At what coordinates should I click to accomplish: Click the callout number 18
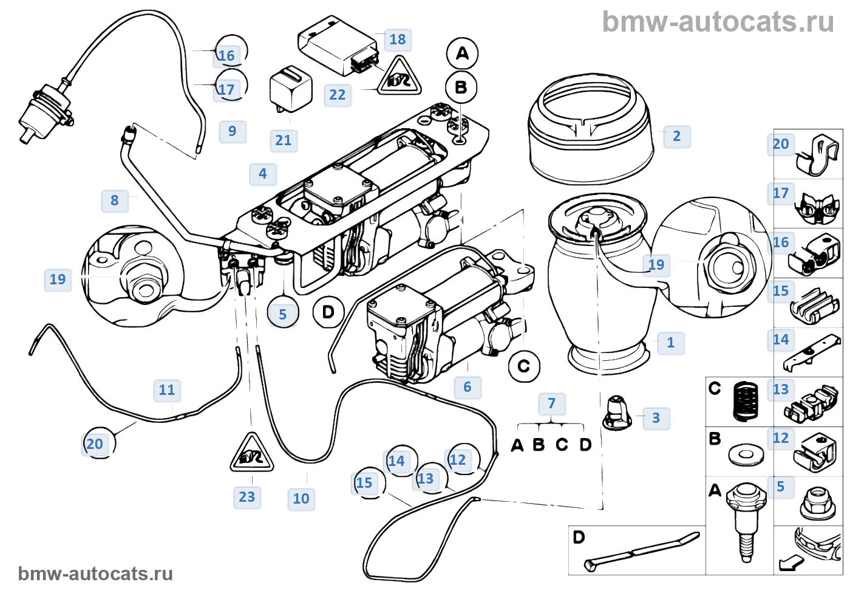coord(398,39)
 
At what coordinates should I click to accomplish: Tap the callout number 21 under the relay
coord(284,140)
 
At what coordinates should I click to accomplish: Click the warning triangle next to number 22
coord(399,78)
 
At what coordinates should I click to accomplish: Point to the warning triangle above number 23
coord(251,453)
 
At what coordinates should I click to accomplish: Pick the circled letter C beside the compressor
coord(523,366)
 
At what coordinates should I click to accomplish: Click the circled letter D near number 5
coord(328,312)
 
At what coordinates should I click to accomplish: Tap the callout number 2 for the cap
coord(676,136)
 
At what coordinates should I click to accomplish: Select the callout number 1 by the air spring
coord(670,343)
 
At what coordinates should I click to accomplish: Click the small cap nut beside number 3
coord(617,413)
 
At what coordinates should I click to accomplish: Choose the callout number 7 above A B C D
coord(551,403)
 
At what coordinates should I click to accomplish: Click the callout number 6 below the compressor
coord(467,387)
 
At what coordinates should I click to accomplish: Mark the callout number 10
coord(301,499)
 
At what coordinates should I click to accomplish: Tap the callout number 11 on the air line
coord(166,390)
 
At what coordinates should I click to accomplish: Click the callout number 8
coord(115,200)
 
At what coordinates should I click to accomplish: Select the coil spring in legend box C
coord(746,401)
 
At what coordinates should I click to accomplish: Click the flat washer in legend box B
coord(746,454)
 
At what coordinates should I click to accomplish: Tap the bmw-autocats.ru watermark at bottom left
coord(95,574)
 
